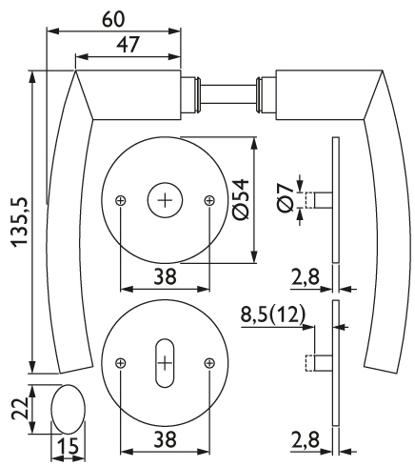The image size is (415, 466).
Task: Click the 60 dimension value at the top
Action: [x=113, y=19]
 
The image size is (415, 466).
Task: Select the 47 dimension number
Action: [x=128, y=45]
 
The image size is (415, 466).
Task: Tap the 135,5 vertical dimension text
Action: [x=19, y=222]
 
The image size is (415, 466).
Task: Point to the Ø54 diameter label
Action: [x=241, y=199]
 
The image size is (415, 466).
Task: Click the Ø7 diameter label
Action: [x=286, y=198]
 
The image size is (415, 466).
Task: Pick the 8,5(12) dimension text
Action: [x=273, y=314]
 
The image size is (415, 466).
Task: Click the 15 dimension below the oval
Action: [x=68, y=446]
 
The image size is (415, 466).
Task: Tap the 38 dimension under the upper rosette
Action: [x=165, y=276]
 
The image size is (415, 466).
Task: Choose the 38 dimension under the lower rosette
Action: [x=165, y=439]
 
